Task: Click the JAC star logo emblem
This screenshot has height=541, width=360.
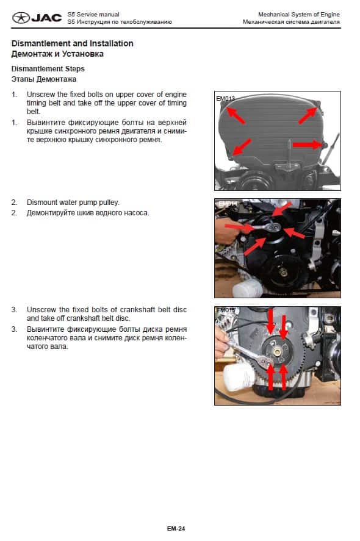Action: click(x=21, y=18)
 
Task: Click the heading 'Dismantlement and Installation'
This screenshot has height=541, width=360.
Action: click(x=72, y=43)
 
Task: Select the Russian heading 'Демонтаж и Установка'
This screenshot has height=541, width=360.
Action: click(x=57, y=54)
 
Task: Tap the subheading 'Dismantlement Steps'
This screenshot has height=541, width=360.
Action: click(x=48, y=69)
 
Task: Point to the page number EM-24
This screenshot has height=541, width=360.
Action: click(x=176, y=528)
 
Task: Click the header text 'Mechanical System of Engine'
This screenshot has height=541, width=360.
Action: click(x=299, y=15)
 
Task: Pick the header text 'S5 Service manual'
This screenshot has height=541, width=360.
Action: click(x=93, y=15)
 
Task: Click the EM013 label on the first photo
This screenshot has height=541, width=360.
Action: click(x=225, y=98)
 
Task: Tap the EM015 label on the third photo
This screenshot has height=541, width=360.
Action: click(x=225, y=310)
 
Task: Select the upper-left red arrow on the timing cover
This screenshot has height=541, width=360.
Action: click(x=236, y=115)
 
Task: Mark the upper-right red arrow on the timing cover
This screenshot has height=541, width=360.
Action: click(x=308, y=115)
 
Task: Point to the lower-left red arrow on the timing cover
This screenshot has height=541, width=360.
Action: click(x=242, y=147)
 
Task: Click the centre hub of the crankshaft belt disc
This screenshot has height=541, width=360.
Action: click(x=277, y=351)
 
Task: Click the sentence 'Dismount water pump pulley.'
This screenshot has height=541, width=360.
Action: click(x=73, y=202)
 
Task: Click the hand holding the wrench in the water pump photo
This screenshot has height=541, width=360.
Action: click(x=225, y=230)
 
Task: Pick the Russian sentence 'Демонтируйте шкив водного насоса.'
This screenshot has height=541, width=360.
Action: click(x=88, y=213)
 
